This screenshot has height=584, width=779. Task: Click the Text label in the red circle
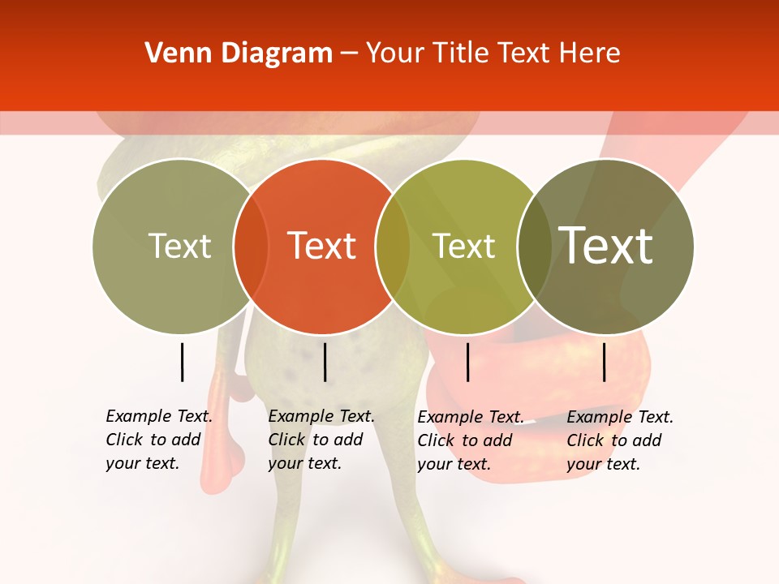(x=322, y=246)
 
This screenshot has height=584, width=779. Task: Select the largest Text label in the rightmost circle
(x=606, y=245)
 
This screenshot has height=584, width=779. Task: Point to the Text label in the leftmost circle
(x=180, y=246)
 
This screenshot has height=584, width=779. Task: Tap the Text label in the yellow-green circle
(x=464, y=246)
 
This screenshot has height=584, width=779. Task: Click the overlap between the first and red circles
(x=251, y=246)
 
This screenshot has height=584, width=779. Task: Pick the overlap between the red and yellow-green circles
(x=393, y=246)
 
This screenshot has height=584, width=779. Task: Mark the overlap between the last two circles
(x=535, y=246)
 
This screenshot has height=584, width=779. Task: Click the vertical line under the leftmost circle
(x=182, y=362)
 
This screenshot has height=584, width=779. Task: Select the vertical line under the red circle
(x=325, y=362)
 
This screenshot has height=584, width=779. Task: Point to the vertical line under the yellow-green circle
(x=467, y=362)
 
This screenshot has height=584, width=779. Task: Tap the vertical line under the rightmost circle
(x=604, y=362)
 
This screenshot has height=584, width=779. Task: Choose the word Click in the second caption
(x=286, y=440)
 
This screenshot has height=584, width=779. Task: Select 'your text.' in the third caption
(x=454, y=464)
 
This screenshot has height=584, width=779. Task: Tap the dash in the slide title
(x=349, y=54)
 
